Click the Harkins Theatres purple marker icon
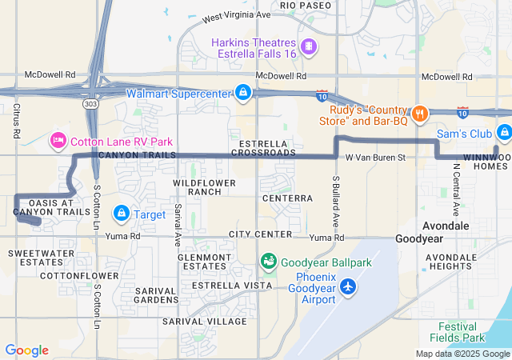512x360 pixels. [309, 47]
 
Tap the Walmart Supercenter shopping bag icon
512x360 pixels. [242, 93]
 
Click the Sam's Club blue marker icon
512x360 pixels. [503, 133]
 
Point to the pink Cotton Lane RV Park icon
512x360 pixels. [58, 142]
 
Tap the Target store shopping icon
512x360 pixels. [122, 214]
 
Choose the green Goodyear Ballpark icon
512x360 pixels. [269, 262]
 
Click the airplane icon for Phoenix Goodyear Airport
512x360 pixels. [348, 286]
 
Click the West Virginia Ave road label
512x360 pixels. [237, 15]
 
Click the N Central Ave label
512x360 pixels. [455, 190]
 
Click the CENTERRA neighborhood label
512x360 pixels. [286, 198]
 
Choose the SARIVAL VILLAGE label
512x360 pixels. [204, 321]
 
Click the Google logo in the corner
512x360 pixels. [26, 350]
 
